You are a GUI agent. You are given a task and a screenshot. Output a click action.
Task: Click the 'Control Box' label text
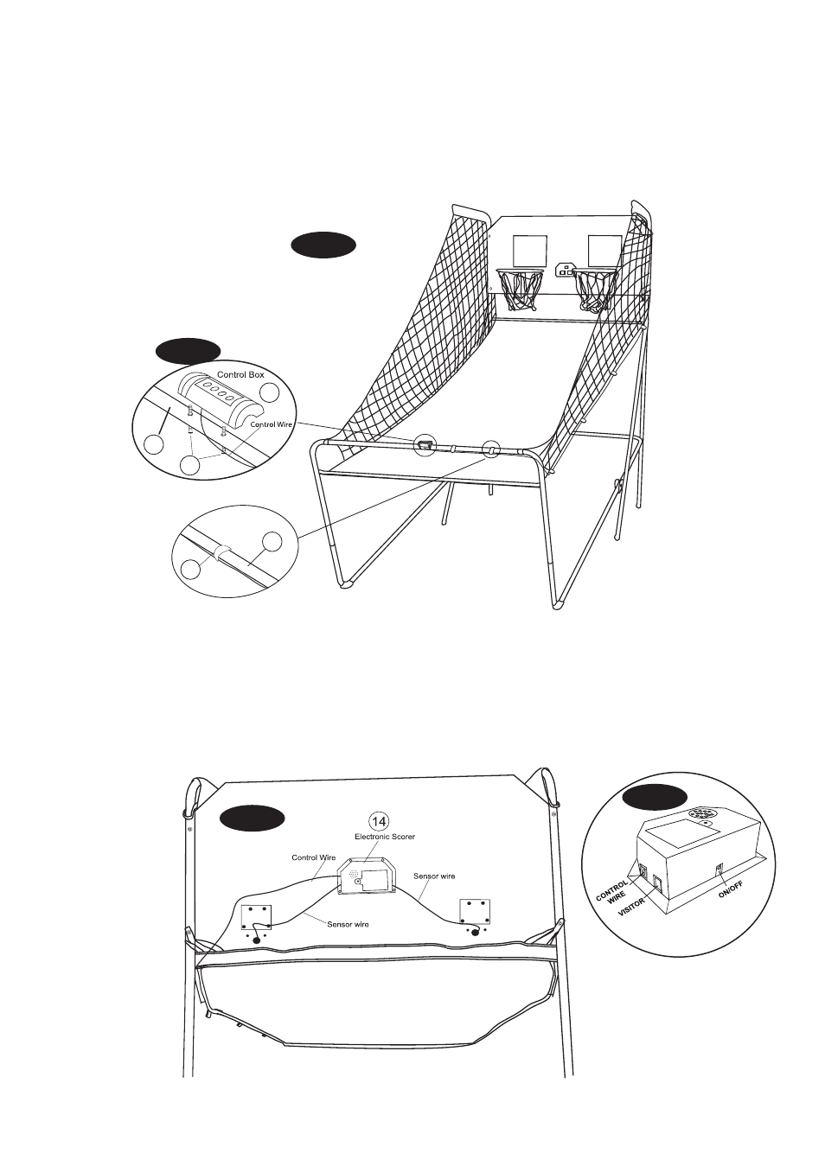(x=240, y=375)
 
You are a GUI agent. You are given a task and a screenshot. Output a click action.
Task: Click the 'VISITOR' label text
(x=631, y=906)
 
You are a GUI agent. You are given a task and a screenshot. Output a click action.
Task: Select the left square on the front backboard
(x=530, y=251)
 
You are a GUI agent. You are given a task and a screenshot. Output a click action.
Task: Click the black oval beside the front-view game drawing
(x=323, y=245)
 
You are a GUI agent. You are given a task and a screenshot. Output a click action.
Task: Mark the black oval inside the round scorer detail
(x=656, y=797)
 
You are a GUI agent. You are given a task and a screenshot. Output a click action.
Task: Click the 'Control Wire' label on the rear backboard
(x=314, y=857)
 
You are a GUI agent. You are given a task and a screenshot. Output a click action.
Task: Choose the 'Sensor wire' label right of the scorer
(x=434, y=876)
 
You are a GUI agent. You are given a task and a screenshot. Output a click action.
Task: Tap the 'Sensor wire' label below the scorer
(x=348, y=925)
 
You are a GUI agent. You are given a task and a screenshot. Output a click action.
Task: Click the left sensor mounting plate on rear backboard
(x=256, y=917)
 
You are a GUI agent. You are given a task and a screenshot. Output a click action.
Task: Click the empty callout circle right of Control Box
(x=271, y=392)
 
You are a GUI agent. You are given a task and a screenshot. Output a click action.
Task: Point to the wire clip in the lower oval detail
(x=223, y=553)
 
